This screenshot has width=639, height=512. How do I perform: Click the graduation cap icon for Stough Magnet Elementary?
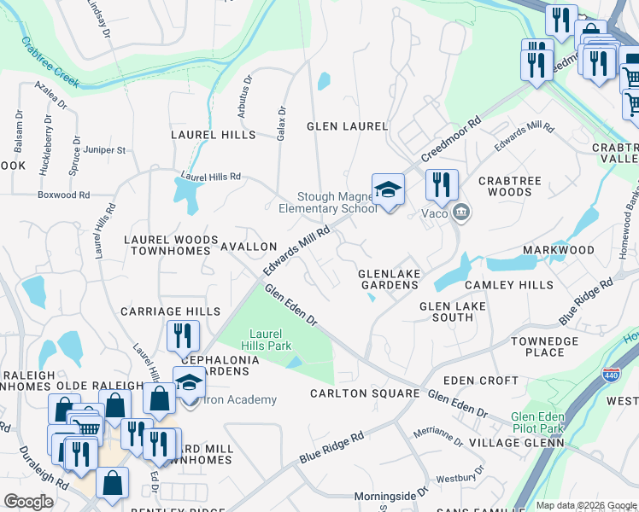pos(387,189)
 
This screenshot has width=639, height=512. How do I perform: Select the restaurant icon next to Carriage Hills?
pos(183,336)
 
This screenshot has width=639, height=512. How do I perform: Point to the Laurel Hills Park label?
pos(270,340)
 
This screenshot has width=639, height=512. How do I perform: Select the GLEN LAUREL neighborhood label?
pos(348,126)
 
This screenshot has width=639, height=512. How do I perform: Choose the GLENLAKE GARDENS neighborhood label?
pos(390,279)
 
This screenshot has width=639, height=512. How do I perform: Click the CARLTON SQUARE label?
pos(364,394)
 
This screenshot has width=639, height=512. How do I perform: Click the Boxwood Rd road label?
pos(64,195)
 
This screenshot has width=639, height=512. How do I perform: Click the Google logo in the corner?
pos(28,502)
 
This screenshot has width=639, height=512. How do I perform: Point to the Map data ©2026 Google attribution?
pos(585,505)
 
